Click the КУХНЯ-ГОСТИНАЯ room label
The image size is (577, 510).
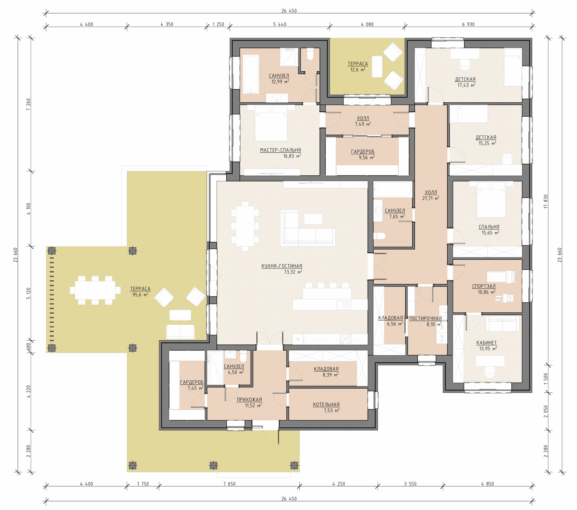coord(282,266)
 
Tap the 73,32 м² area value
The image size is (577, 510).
coord(293,272)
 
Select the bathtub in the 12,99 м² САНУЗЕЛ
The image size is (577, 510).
coord(251,74)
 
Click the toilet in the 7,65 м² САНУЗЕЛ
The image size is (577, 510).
coord(379,236)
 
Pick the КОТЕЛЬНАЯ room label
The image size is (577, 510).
coord(326,404)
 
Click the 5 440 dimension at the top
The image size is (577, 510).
coord(279,24)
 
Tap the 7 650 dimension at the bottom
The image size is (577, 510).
coord(229,484)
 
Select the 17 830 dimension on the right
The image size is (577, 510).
coord(546,201)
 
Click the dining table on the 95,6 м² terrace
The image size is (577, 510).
coord(95,290)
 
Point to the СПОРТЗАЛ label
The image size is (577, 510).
coord(484,286)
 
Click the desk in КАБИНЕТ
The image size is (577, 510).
coord(490,361)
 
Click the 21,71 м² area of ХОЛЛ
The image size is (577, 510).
coord(431,198)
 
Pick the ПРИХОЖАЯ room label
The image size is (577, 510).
coord(249,399)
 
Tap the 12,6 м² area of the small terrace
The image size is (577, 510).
coord(358,70)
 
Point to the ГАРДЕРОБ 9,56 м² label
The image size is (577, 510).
coord(363,154)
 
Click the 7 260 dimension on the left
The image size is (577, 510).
coord(28,104)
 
